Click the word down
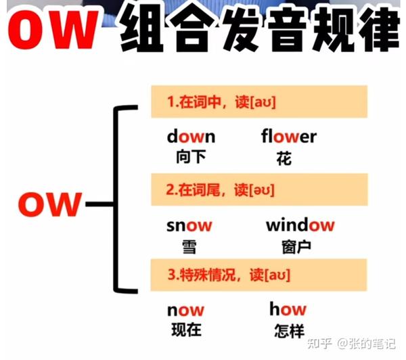(191, 137)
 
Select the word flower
(288, 137)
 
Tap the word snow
(189, 225)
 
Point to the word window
(300, 225)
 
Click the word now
(185, 311)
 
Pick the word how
(288, 310)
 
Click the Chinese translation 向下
(189, 158)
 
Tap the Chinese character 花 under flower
(284, 158)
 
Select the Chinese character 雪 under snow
(189, 247)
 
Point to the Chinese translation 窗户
(296, 247)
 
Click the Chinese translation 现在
(185, 330)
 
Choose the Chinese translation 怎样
(288, 331)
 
